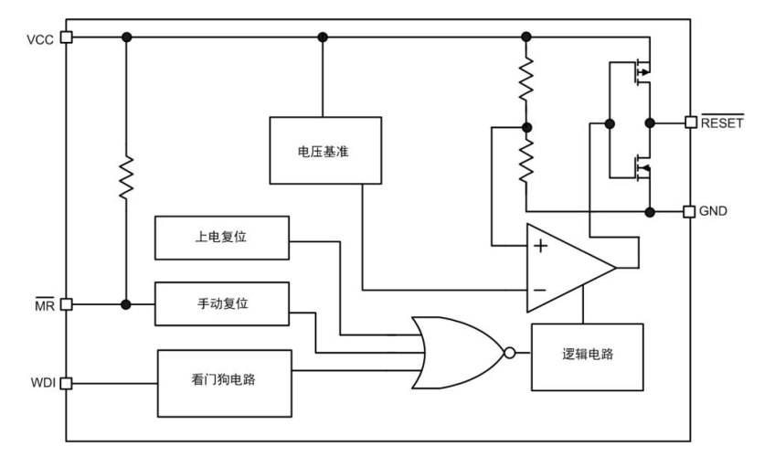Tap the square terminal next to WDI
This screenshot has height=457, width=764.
point(65,384)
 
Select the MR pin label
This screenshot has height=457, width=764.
point(42,305)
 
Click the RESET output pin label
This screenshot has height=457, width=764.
point(722,122)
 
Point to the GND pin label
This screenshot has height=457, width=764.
point(713,211)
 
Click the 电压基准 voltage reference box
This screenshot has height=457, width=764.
point(325,151)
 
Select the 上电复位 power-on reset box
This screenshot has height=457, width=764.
point(222,237)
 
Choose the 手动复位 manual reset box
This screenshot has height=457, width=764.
point(222,303)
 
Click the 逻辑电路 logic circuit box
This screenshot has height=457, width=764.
point(587,356)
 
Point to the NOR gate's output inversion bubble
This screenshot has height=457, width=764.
point(510,351)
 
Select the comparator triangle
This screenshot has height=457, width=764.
point(567,267)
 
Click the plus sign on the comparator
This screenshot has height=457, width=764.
point(541,245)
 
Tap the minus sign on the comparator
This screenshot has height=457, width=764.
point(541,290)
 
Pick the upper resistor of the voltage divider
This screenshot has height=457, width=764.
point(525,80)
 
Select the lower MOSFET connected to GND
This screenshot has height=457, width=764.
point(638,168)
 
